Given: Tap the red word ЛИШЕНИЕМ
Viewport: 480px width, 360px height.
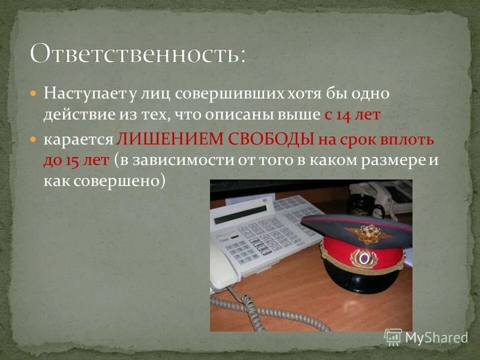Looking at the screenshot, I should (x=170, y=139).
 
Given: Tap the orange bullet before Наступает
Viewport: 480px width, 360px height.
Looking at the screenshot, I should (x=33, y=93).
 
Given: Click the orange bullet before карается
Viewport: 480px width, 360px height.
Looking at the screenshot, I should (x=33, y=139).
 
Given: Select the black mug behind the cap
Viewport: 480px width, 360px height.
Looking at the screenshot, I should (x=359, y=205).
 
